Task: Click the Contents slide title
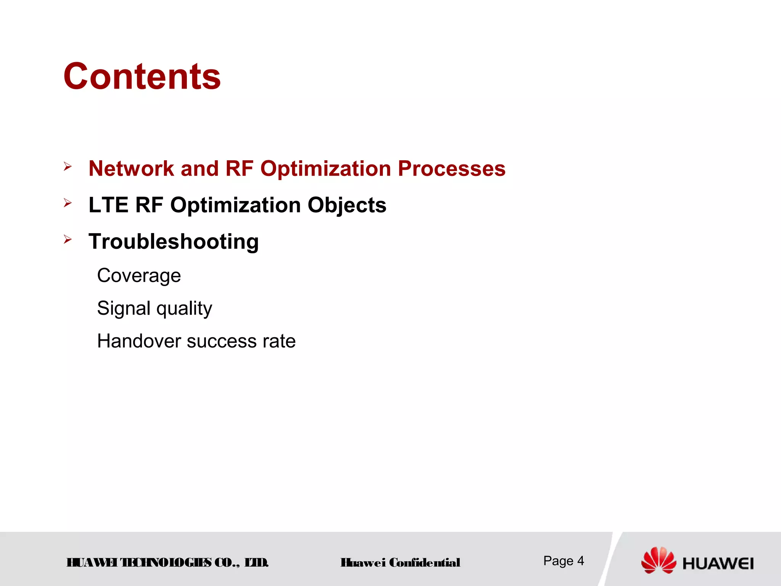142,77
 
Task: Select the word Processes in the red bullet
452,168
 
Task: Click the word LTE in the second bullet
108,205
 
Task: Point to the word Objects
347,206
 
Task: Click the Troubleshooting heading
174,242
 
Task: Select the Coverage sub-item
139,275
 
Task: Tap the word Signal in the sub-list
124,308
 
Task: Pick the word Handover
139,341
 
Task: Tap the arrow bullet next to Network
68,166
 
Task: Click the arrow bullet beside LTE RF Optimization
68,203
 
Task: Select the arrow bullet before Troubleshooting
68,240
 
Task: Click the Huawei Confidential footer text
400,562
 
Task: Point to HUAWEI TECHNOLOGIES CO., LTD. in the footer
167,562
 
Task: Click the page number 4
580,560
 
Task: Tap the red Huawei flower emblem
658,560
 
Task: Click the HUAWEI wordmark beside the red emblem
718,563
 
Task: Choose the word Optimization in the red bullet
325,169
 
